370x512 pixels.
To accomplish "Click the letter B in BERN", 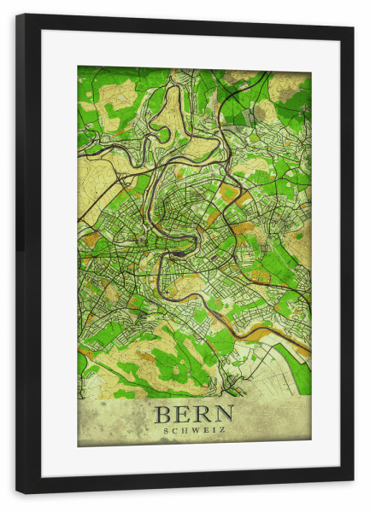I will (163, 416).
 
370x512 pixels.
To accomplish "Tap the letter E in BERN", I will (182, 416).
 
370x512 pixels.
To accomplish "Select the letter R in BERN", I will (203, 416).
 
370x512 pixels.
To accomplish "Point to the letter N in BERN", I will (224, 416).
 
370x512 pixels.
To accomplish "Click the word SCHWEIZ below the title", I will (194, 431).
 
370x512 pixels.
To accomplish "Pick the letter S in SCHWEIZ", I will (165, 431).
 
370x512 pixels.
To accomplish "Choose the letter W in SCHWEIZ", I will (194, 431).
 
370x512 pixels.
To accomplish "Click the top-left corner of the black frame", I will (17, 15).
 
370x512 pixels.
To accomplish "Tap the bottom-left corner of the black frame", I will (17, 492).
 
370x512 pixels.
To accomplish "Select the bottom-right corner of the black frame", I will (353, 481).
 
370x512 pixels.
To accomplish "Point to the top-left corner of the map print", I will (78, 67).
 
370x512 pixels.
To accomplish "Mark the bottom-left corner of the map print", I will (78, 446).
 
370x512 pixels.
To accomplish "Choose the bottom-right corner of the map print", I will (311, 440).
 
